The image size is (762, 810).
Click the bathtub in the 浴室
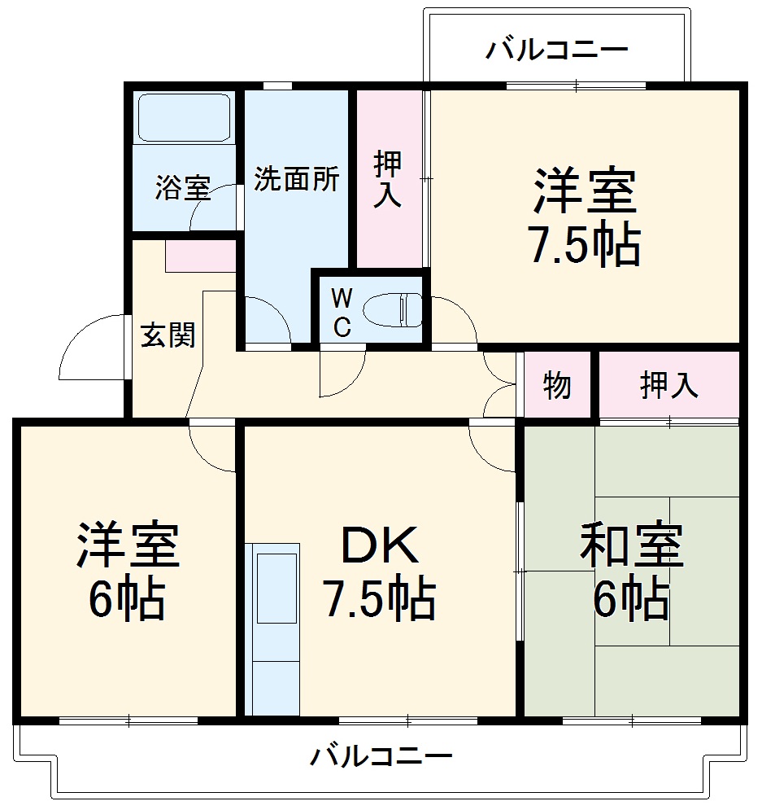pos(185,118)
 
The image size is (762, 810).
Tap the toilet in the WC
pos(392,310)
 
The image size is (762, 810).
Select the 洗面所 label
pos(296,180)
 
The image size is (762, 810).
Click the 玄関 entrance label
pos(168,335)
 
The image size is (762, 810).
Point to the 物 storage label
pos(557,386)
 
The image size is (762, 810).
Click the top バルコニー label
pos(557,50)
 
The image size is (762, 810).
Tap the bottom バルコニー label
pos(381,758)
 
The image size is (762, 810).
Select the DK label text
pos(380,548)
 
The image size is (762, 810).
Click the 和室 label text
pos(631,547)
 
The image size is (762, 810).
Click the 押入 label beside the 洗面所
pos(388,180)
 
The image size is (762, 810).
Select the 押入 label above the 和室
pos(668,386)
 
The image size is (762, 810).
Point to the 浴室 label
pos(183,189)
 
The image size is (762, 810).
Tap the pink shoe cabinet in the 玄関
pos(200,256)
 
